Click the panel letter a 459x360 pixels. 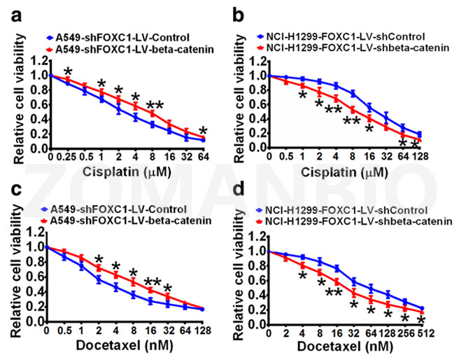click(10, 12)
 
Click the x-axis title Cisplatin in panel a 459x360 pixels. click(106, 169)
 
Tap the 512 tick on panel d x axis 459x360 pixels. click(422, 333)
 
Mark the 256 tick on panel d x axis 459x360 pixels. click(404, 333)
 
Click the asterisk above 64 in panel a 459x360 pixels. click(203, 132)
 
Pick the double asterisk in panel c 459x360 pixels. click(153, 283)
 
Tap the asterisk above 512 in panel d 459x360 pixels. click(421, 320)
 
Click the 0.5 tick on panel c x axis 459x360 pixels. click(64, 333)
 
